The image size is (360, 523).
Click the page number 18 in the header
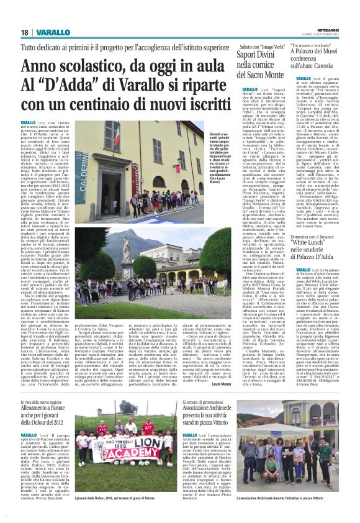click(x=24, y=32)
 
